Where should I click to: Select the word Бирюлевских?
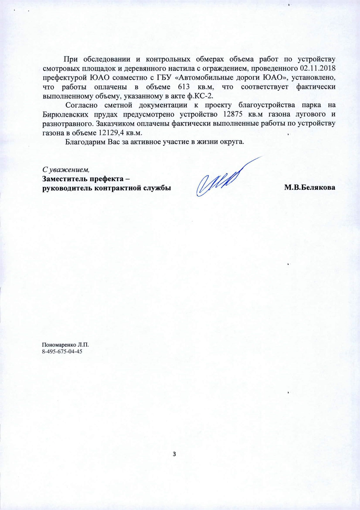point(63,114)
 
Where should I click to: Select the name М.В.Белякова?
point(310,187)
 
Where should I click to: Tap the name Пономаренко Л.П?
point(65,345)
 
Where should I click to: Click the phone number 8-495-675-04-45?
point(62,351)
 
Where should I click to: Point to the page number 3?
point(174,454)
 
